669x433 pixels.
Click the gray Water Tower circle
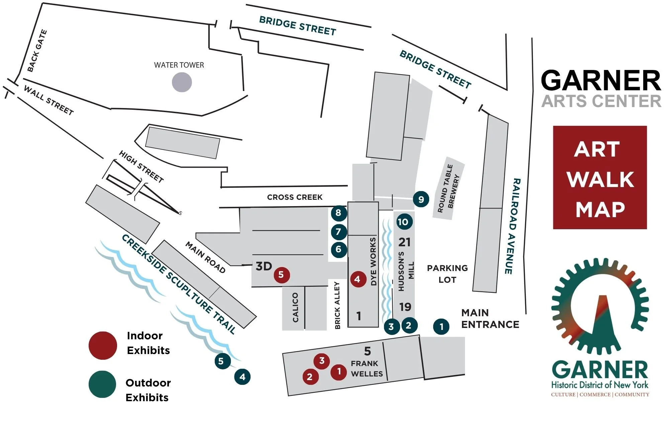[x=182, y=82]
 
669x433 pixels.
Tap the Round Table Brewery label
[x=449, y=188]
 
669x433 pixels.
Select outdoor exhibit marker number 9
[x=421, y=199]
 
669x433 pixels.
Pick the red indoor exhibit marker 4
[x=358, y=279]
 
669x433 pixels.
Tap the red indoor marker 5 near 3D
[x=281, y=275]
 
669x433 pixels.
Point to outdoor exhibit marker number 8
[x=339, y=213]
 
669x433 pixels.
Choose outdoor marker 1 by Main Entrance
[x=441, y=327]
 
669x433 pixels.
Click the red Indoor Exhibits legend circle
[x=103, y=345]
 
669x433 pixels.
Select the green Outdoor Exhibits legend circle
[x=102, y=384]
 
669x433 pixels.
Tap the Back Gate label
[x=37, y=51]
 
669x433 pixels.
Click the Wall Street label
[x=49, y=100]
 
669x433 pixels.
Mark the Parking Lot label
[x=447, y=274]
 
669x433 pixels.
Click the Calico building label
[x=295, y=308]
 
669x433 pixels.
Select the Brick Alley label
[x=337, y=305]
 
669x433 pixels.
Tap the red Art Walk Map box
[x=600, y=177]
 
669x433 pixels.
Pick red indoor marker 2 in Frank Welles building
[x=310, y=377]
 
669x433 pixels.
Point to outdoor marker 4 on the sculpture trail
[x=243, y=377]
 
